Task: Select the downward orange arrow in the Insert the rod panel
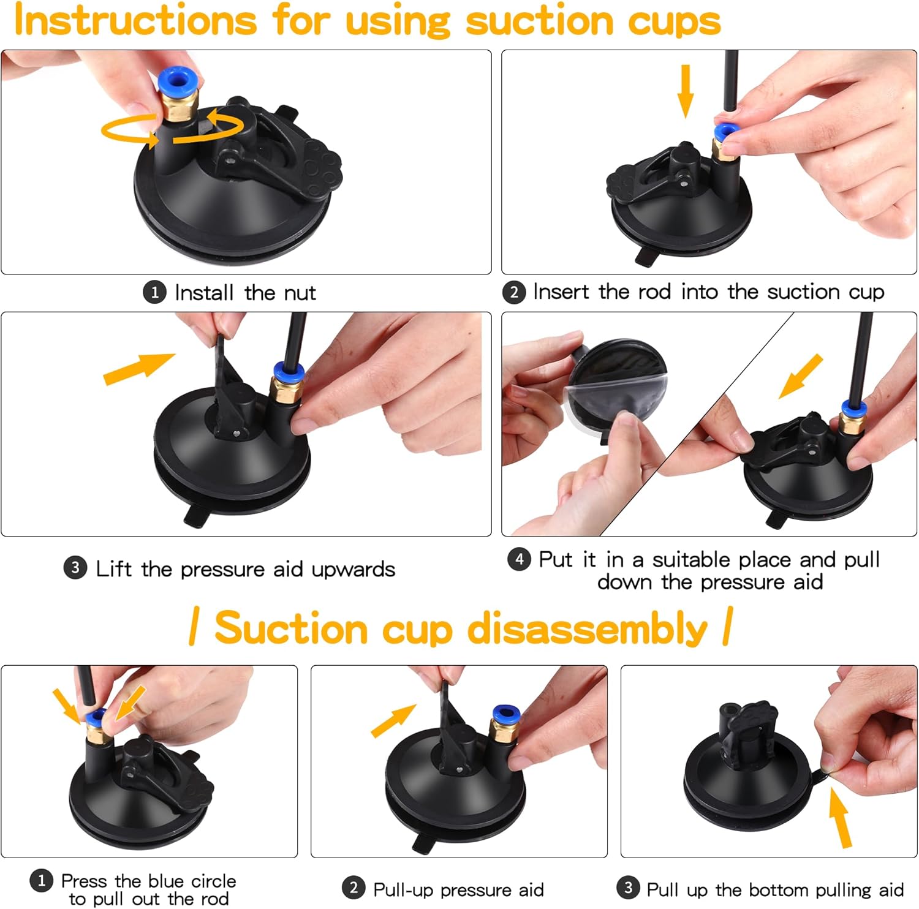pos(686,91)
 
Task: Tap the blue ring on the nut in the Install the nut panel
pos(175,80)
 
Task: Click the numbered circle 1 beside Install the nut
pos(154,292)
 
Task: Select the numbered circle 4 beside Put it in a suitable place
pos(518,559)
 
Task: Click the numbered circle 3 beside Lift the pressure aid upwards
pos(75,568)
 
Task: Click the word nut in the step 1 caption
pos(300,293)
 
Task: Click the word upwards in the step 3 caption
pos(353,569)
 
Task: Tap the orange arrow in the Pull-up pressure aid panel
pos(393,720)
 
